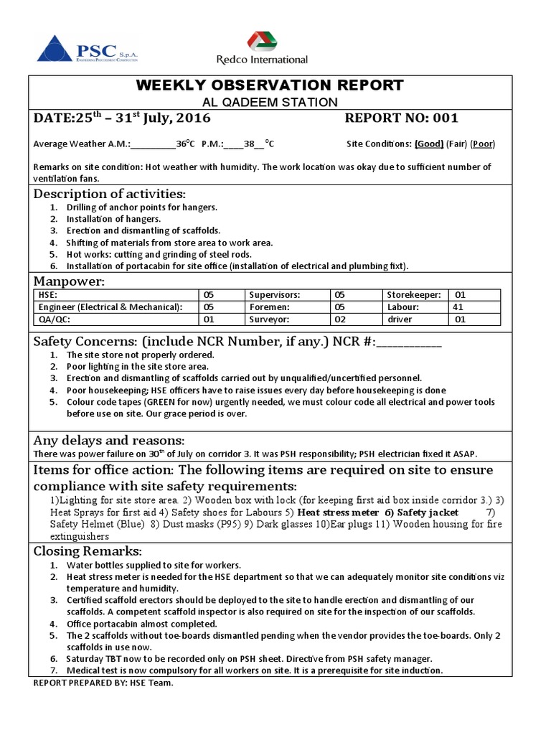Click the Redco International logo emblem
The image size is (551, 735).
[x=261, y=42]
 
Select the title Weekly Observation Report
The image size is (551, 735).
[x=270, y=85]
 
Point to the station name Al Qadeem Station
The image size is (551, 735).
[x=270, y=102]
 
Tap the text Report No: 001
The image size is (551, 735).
[x=401, y=118]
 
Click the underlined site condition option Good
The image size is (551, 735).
[x=429, y=144]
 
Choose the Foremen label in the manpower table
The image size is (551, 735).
[x=268, y=306]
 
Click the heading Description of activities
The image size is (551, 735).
[x=109, y=195]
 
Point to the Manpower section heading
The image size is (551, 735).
[x=69, y=281]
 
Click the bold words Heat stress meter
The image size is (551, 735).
[x=338, y=512]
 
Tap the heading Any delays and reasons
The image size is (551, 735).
[x=109, y=440]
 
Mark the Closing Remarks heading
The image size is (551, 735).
[x=88, y=551]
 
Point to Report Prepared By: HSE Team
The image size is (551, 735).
[x=103, y=683]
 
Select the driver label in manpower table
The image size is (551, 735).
[x=400, y=319]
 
